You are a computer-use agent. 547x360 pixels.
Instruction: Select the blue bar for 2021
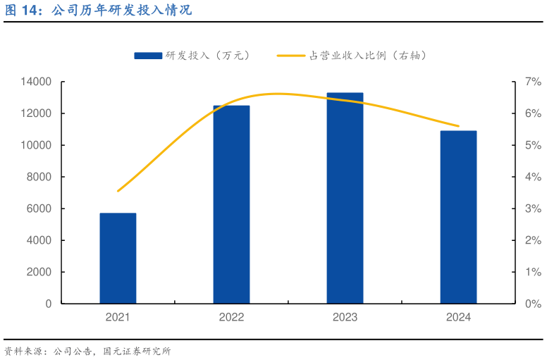(118, 258)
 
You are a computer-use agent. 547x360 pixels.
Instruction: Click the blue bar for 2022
(231, 204)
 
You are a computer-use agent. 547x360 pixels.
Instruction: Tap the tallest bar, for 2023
(345, 198)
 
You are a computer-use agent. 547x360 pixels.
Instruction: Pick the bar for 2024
(458, 217)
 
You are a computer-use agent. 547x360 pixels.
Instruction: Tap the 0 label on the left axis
(49, 304)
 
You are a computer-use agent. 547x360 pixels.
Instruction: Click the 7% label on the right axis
(532, 82)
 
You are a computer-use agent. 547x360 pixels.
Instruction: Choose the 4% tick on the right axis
(532, 177)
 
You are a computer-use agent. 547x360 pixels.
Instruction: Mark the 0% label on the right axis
(532, 304)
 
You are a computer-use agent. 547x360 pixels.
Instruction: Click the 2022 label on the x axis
(231, 318)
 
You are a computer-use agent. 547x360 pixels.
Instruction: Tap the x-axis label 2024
(458, 318)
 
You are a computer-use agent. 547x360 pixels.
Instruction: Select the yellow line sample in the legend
(291, 55)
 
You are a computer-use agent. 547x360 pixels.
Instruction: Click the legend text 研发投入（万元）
(208, 55)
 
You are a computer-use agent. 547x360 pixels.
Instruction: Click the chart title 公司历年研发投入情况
(121, 11)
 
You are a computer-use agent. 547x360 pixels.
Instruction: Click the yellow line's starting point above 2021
(118, 191)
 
